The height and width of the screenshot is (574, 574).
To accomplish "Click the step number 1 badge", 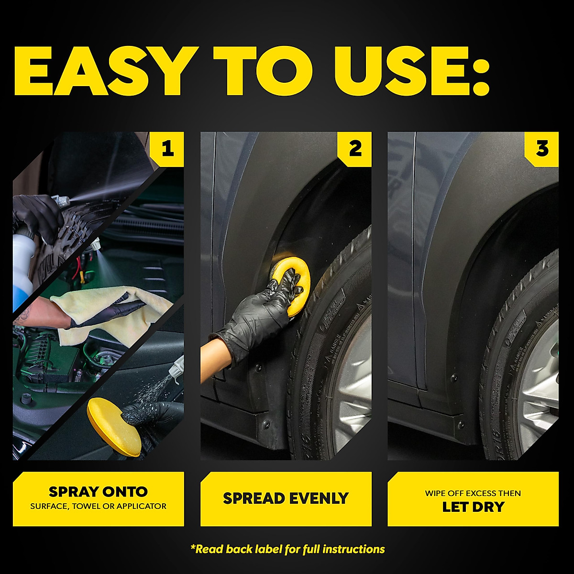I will click(167, 149).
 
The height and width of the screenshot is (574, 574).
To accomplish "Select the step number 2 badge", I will click(354, 149).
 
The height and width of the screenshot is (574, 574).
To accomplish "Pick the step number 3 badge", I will click(541, 149).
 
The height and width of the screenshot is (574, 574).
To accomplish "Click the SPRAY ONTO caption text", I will click(98, 492).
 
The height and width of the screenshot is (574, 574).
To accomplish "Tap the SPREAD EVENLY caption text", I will click(286, 498).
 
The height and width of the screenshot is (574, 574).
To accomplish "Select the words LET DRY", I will click(473, 507).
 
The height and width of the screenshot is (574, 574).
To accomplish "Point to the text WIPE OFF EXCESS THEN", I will click(473, 493).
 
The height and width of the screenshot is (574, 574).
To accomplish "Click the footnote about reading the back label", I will click(287, 549).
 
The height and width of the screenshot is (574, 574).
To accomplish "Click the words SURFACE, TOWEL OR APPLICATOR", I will click(98, 506).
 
